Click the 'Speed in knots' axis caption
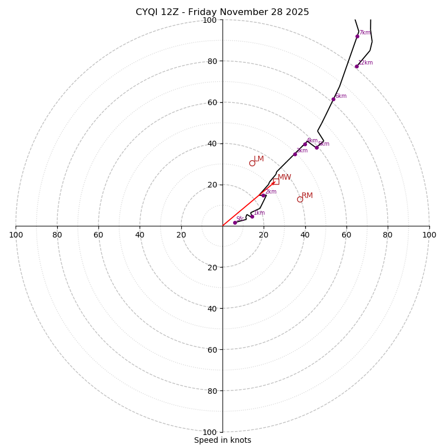[x=222, y=440]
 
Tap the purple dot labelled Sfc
[x=235, y=222]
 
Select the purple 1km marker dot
[x=252, y=216]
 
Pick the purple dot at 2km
[x=263, y=195]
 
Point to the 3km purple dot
[x=295, y=154]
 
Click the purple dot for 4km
[x=305, y=144]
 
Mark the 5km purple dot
[x=317, y=147]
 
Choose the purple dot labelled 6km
[x=333, y=99]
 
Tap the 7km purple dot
[x=357, y=36]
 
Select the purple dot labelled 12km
[x=357, y=66]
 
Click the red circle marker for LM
[x=252, y=163]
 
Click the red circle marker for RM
[x=300, y=199]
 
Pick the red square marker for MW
[x=276, y=181]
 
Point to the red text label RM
[x=307, y=195]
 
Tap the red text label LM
[x=259, y=159]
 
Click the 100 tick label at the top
[x=210, y=20]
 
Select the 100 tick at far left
[x=16, y=235]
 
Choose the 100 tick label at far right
[x=429, y=235]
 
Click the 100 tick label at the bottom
[x=210, y=432]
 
